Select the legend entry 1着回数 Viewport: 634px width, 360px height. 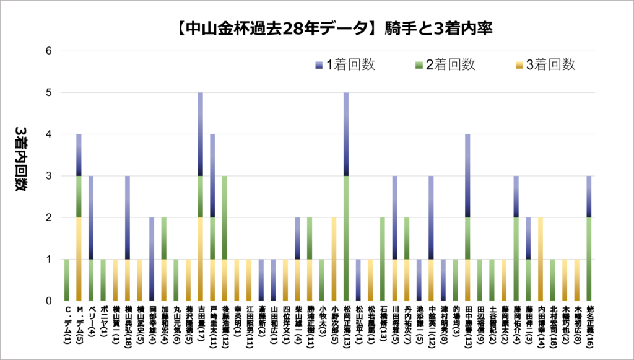click(344, 64)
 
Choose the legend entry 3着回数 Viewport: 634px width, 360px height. click(544, 64)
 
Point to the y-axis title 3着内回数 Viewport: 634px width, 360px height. click(19, 159)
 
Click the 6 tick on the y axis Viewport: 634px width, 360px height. click(50, 51)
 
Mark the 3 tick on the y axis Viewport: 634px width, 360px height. click(50, 176)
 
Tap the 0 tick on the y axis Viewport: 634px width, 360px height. click(50, 301)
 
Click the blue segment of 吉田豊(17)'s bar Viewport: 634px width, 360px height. click(201, 134)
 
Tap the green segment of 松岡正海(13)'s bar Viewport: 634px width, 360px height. click(346, 239)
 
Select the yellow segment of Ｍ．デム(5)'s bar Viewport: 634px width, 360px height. click(79, 259)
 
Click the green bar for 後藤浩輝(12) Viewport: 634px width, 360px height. click(225, 239)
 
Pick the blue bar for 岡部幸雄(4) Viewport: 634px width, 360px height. click(152, 259)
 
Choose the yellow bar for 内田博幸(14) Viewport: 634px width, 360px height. click(541, 259)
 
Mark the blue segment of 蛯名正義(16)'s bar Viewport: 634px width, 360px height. click(589, 196)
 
